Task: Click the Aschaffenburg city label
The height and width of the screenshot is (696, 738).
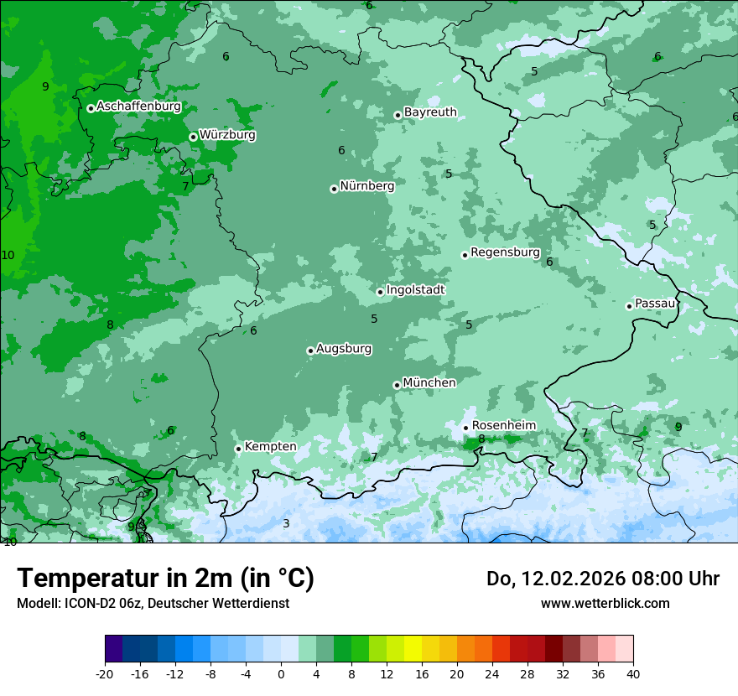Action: click(x=138, y=106)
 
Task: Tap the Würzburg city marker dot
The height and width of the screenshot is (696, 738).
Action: click(x=193, y=137)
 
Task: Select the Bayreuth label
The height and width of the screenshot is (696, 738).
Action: click(x=430, y=112)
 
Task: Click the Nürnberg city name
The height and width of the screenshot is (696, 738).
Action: click(x=366, y=186)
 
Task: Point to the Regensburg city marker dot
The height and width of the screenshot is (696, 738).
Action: click(x=465, y=255)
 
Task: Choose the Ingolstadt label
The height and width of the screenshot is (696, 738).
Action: click(x=415, y=290)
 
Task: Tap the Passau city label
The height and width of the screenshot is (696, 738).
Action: click(x=655, y=304)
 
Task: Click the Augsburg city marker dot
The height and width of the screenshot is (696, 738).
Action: click(x=310, y=351)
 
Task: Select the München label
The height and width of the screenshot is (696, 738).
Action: click(x=429, y=383)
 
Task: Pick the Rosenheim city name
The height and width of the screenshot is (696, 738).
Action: click(x=503, y=426)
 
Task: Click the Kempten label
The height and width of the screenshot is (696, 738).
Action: click(x=270, y=447)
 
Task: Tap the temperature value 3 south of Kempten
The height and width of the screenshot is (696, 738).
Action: click(x=286, y=524)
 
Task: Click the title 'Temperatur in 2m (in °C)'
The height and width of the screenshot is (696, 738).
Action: click(x=165, y=579)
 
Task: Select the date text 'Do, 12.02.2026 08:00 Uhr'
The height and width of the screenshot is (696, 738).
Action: click(x=602, y=579)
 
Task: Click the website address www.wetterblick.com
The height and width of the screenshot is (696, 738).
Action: click(x=605, y=603)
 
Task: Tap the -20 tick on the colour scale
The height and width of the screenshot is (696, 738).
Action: click(x=105, y=673)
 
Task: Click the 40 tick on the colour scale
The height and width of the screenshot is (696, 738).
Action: click(x=632, y=673)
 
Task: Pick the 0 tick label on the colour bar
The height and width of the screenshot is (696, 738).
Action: click(x=281, y=673)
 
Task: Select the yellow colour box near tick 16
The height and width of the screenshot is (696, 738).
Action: click(x=413, y=649)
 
